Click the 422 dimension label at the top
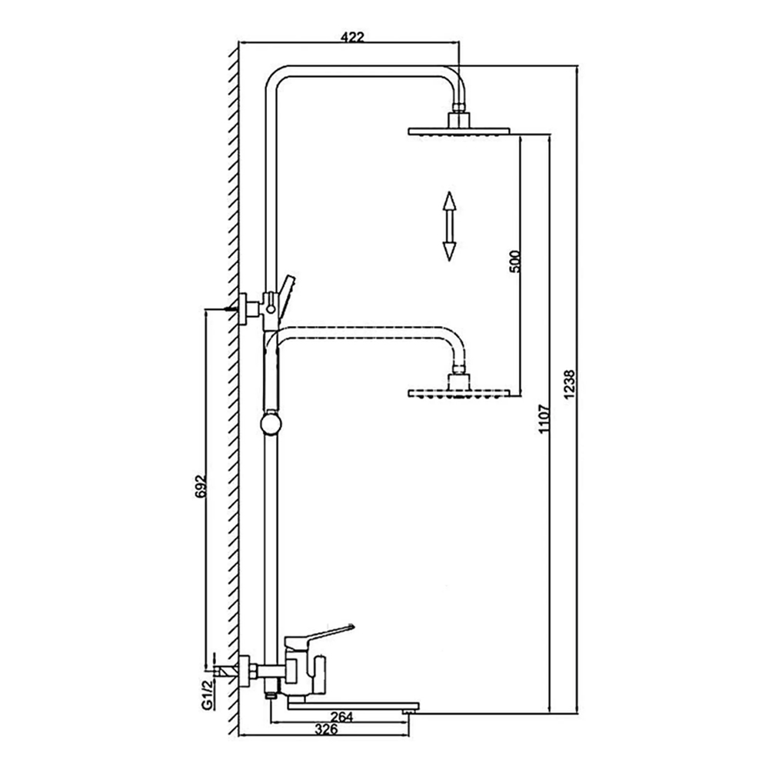click(x=352, y=37)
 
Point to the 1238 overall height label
click(x=570, y=384)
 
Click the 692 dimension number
click(x=201, y=487)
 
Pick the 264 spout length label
click(x=342, y=717)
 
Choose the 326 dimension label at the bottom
click(x=326, y=729)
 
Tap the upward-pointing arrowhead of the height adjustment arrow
click(x=449, y=201)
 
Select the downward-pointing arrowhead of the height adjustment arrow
click(x=449, y=251)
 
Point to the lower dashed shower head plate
click(x=459, y=393)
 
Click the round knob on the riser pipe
click(x=270, y=424)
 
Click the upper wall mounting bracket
click(x=250, y=309)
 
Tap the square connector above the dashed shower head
click(x=459, y=381)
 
